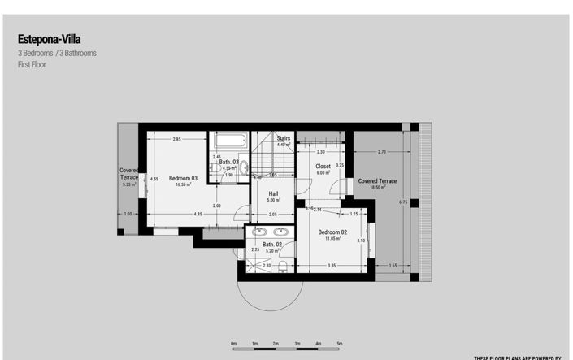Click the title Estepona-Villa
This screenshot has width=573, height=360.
(x=49, y=38)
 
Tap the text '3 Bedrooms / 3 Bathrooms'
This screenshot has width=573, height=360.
(x=57, y=53)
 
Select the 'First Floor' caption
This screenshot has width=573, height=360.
(x=32, y=64)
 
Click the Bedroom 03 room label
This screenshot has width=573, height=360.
(x=183, y=178)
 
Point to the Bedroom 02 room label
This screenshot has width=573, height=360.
(x=332, y=232)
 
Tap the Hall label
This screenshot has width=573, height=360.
(x=273, y=193)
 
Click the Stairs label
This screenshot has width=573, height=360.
(x=283, y=139)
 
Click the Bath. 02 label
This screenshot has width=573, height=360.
(x=271, y=245)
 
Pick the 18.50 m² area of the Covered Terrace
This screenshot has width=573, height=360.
(x=377, y=187)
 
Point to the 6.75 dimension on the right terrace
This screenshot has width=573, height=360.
(x=404, y=202)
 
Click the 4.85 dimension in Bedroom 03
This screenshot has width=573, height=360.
(x=198, y=214)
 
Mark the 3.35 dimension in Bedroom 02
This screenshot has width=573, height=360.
(x=332, y=266)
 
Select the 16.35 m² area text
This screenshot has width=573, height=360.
(x=183, y=184)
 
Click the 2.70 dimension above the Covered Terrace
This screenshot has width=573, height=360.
(x=382, y=152)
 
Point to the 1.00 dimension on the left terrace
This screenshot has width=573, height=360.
(x=127, y=214)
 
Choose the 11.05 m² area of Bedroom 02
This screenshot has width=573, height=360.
(x=332, y=239)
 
